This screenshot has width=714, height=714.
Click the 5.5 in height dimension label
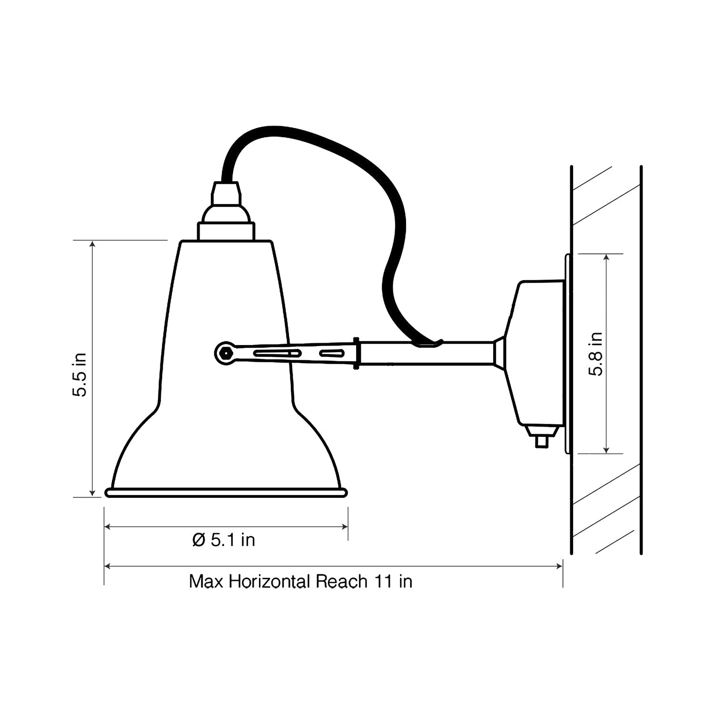point(79,375)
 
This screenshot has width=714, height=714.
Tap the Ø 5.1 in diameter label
point(224,540)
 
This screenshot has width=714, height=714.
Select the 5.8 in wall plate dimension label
point(595,354)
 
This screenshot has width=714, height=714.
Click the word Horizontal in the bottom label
point(269,582)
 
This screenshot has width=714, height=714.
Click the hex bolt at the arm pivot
point(224,353)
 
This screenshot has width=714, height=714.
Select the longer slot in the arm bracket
point(277,353)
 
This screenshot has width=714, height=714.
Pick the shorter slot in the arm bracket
point(332,353)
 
